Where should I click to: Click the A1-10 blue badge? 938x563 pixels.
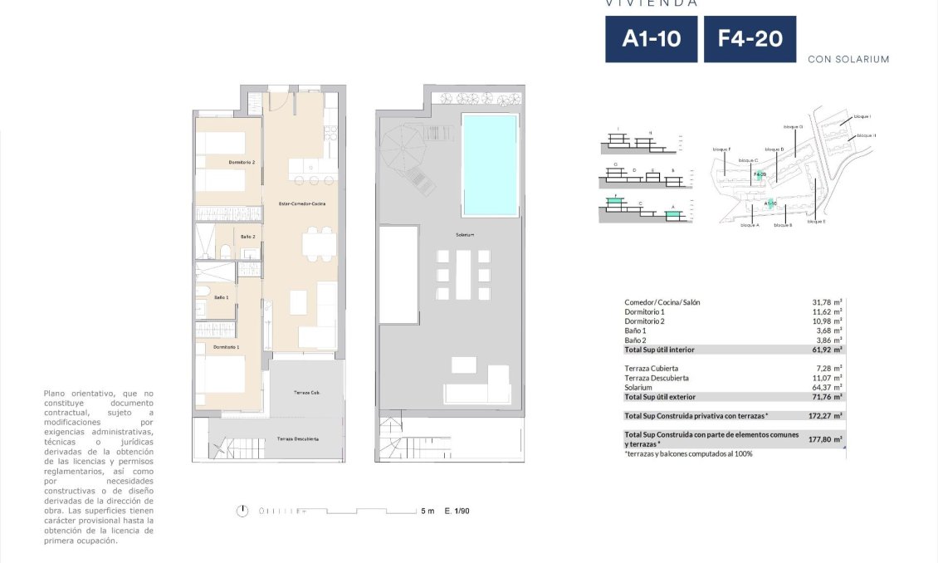coord(651,39)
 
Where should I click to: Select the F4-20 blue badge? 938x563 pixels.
coord(750,39)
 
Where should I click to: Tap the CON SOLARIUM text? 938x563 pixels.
coord(848,60)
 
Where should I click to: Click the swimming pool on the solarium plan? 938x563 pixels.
coord(489,164)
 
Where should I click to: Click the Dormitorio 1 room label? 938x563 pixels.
coord(227,346)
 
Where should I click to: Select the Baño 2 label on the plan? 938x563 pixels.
coord(247,237)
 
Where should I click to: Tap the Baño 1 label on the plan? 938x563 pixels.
coord(221,297)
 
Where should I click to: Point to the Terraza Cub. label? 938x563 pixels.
coord(306,392)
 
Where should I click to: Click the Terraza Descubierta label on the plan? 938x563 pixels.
coord(297,439)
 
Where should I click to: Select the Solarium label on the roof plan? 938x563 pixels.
coord(464,235)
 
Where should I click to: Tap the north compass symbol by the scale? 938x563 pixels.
coord(242,511)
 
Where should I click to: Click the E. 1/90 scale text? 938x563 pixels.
coord(457,512)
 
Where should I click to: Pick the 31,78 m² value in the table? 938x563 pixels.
coord(827,302)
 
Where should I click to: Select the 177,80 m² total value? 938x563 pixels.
coord(827,439)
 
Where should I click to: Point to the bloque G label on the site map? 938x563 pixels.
coord(793,127)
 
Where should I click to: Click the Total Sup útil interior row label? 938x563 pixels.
coord(659,350)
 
